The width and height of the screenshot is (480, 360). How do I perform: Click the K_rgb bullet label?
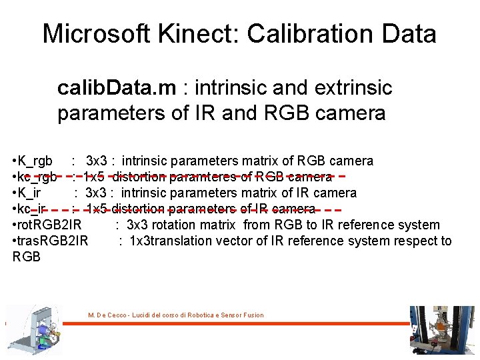[35, 161]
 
